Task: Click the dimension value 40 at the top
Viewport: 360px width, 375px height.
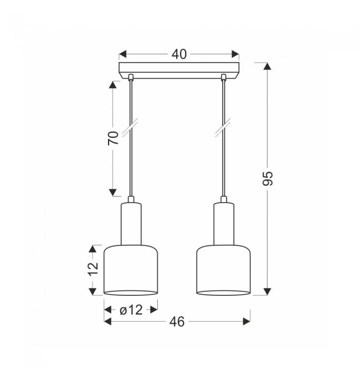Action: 179,54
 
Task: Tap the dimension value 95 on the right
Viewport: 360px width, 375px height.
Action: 268,178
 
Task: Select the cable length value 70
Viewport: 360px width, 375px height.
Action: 113,138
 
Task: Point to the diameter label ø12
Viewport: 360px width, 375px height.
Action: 131,310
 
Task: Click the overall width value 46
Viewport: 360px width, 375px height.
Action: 177,322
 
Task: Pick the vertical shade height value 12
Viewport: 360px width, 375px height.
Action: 93,270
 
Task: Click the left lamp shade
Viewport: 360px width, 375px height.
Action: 131,270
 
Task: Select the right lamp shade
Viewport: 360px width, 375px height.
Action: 223,270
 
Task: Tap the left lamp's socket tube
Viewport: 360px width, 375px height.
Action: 131,224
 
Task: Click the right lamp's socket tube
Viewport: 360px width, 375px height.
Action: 224,224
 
